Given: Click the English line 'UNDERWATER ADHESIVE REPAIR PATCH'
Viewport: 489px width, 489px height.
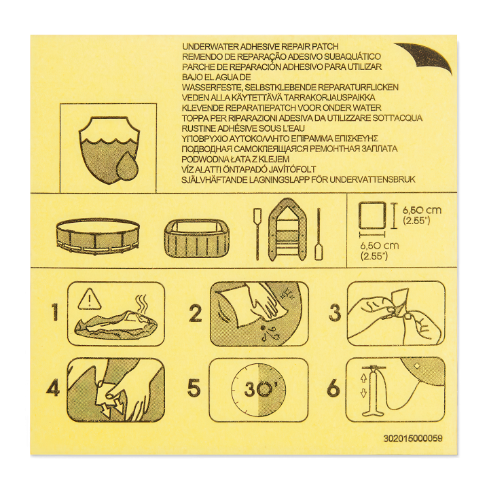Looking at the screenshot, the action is [260, 47].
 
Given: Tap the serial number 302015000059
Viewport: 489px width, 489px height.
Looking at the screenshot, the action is [413, 438].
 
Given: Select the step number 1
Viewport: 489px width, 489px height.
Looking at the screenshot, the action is [55, 313].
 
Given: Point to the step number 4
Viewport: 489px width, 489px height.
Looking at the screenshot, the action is [53, 388].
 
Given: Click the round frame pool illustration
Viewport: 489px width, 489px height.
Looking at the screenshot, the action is [98, 236].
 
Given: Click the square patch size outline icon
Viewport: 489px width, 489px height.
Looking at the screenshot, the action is [372, 217].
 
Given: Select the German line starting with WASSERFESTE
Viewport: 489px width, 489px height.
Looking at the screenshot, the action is [290, 88].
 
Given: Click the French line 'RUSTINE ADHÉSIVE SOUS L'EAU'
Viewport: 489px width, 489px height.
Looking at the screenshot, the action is [243, 128].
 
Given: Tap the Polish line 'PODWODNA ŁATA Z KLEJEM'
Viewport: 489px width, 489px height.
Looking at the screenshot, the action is [236, 159].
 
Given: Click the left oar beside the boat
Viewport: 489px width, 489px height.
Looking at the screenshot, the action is [257, 234].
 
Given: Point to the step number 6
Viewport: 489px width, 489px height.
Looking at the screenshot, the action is [333, 388].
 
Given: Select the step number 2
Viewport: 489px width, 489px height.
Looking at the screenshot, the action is [196, 313].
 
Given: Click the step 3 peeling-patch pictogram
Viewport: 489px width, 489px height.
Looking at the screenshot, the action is [396, 313].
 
